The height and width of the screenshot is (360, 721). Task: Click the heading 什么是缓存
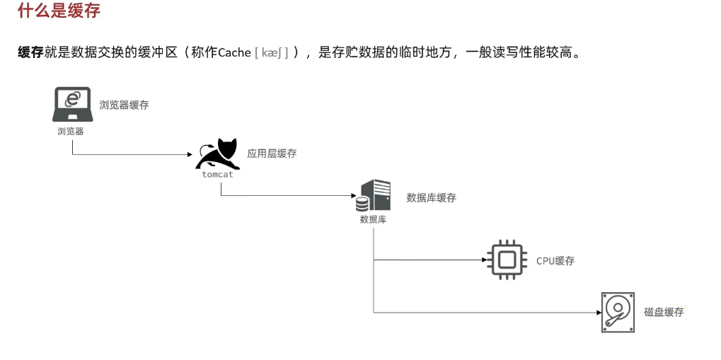click(59, 11)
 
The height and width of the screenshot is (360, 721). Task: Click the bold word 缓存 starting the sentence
click(30, 52)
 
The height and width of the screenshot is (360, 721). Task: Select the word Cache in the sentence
click(233, 52)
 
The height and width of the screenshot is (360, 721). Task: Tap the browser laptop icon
click(72, 104)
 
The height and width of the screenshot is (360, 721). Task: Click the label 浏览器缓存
click(124, 105)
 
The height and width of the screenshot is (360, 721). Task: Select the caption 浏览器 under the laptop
click(71, 131)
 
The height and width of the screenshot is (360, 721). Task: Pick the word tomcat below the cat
click(217, 174)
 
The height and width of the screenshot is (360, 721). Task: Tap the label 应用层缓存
click(272, 153)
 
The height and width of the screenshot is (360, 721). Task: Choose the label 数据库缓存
click(431, 197)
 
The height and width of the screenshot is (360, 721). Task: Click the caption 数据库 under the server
click(373, 219)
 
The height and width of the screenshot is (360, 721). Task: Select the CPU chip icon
click(507, 260)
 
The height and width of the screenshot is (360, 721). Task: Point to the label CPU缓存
click(555, 260)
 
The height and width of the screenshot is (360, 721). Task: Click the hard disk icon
click(618, 312)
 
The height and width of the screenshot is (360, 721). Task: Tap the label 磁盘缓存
click(664, 312)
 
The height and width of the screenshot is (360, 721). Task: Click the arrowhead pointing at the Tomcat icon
click(190, 154)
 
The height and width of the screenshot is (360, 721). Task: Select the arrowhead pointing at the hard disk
click(596, 312)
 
